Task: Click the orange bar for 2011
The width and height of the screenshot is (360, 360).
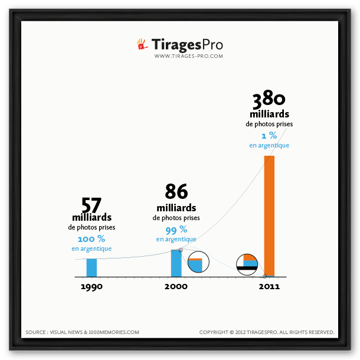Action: coord(269,215)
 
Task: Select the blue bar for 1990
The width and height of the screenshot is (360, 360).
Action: coord(91,267)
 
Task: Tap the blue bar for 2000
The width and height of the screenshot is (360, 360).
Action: coord(176,263)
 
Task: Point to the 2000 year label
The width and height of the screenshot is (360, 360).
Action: coord(176,286)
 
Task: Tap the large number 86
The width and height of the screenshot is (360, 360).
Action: coord(176,192)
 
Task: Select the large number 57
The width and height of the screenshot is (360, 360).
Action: coord(91,205)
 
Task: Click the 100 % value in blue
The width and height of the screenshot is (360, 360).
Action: coord(91,239)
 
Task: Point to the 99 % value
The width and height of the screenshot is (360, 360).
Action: coord(176,230)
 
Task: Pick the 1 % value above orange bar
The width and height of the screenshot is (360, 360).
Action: coord(269,136)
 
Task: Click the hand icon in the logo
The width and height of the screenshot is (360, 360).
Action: coord(142,44)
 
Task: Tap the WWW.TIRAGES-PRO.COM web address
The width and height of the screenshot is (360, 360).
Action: coord(188,56)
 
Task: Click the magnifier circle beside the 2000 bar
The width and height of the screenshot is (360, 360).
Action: coord(198,263)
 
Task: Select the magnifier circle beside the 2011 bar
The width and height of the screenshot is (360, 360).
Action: coord(247,264)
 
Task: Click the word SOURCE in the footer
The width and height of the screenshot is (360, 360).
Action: coord(36,332)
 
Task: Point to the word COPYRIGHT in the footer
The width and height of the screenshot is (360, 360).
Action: coord(213,332)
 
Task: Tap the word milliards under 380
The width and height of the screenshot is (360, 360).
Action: coord(269,114)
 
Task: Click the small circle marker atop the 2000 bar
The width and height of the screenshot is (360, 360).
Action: coord(181,250)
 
